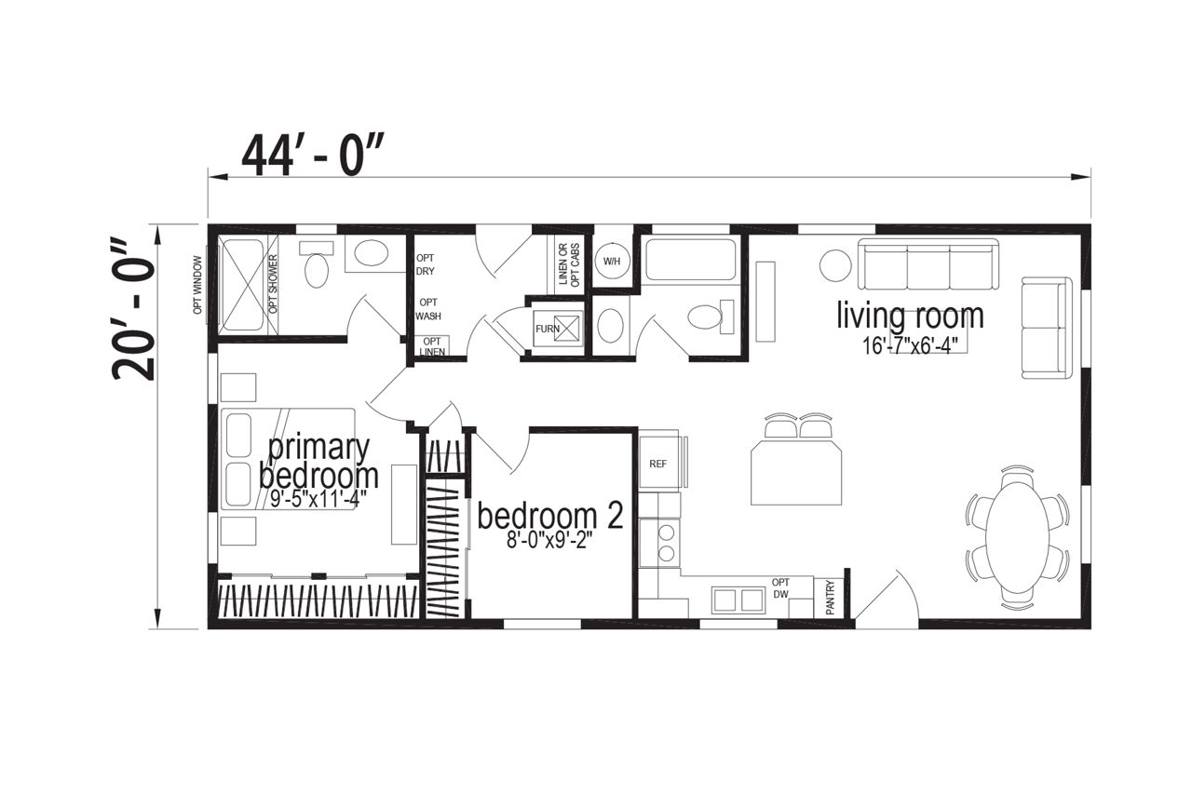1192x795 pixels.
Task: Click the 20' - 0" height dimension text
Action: click(133, 310)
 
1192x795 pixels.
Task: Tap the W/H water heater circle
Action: click(612, 262)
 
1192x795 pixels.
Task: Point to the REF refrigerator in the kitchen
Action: click(659, 462)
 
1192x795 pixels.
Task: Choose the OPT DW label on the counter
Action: click(780, 588)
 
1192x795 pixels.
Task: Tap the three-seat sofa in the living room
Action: click(928, 264)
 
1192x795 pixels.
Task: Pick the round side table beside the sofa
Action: click(835, 265)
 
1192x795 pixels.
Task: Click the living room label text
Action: click(910, 317)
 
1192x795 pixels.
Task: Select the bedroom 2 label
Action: click(550, 515)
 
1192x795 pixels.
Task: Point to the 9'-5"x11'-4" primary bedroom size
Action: click(318, 499)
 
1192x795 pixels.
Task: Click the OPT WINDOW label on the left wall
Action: click(197, 285)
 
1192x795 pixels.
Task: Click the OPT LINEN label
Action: click(432, 346)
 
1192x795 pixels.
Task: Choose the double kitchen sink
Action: click(738, 600)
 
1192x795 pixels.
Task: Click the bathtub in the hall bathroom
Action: click(690, 259)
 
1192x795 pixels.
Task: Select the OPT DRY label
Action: click(426, 264)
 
